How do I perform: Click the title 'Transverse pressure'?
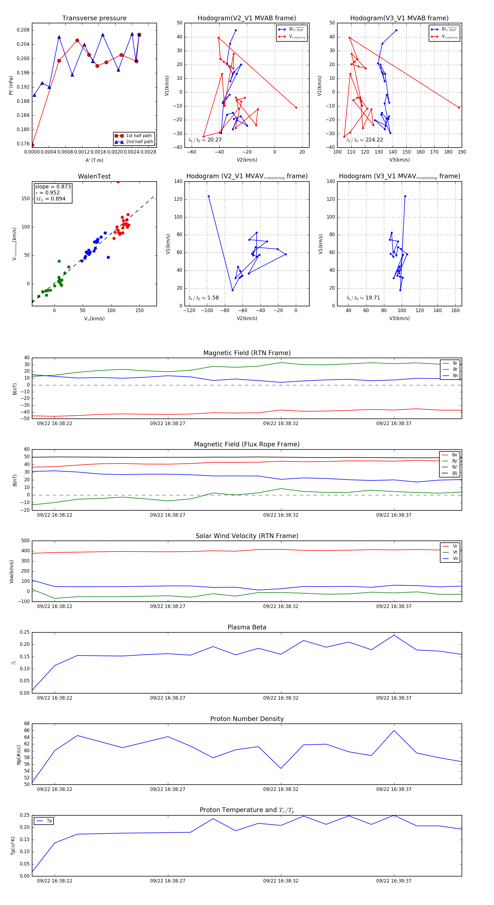coord(94,18)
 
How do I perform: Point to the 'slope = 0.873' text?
coord(53,186)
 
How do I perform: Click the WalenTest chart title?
coord(94,176)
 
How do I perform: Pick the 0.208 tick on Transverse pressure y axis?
coord(23,30)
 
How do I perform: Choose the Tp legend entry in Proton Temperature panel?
coord(49,821)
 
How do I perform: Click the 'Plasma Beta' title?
coord(247,627)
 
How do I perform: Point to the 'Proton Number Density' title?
coord(247,719)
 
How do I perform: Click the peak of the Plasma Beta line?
coord(394,635)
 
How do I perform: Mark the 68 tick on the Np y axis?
coord(27,724)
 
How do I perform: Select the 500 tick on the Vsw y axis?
coord(25,541)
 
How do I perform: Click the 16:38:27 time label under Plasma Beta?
coord(168,698)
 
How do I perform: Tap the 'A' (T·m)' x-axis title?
coord(94,160)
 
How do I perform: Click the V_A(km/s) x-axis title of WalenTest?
coord(94,319)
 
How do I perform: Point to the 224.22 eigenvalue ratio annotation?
coord(374,140)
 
